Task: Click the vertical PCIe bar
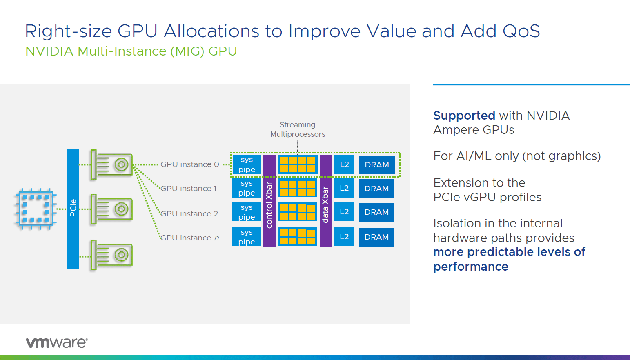[x=73, y=209]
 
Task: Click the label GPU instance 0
[x=189, y=164]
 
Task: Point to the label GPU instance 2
[x=189, y=214]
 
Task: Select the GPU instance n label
[x=189, y=238]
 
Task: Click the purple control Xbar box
[x=269, y=200]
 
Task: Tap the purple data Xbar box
[x=325, y=200]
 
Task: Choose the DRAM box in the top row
[x=376, y=165]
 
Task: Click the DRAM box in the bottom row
[x=376, y=237]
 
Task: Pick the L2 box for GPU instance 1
[x=344, y=188]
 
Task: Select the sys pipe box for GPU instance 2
[x=247, y=212]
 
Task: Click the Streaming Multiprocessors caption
[x=298, y=129]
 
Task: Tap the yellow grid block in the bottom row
[x=297, y=237]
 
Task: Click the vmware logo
[x=57, y=342]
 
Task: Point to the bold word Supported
[x=464, y=116]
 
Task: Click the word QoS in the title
[x=521, y=31]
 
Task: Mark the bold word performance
[x=471, y=267]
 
